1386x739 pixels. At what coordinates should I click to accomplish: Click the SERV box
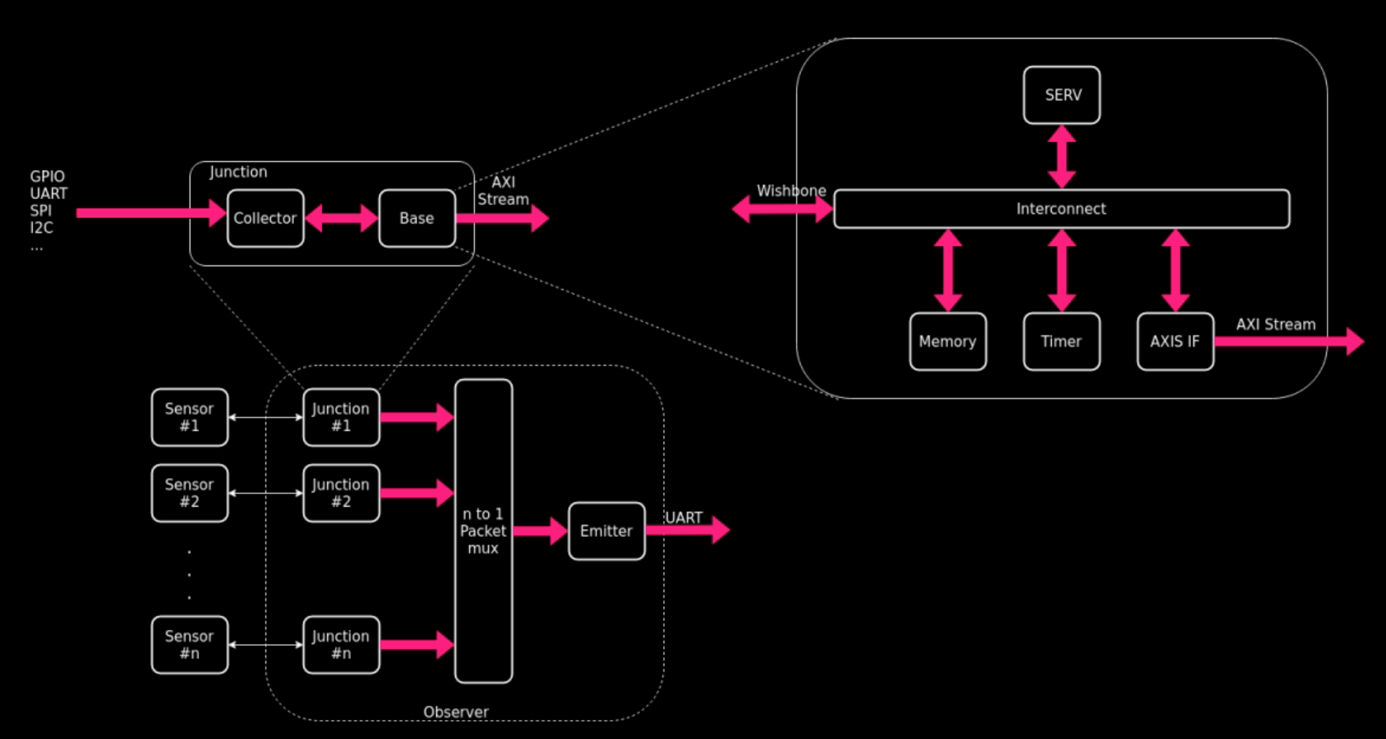1061,95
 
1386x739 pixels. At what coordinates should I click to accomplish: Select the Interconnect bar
1061,208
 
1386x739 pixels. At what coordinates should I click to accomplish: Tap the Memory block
947,341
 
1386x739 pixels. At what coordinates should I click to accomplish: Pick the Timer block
1061,341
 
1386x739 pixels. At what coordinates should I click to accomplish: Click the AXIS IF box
1174,341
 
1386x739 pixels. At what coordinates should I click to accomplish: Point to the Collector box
265,218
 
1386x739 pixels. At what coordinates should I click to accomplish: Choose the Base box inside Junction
416,218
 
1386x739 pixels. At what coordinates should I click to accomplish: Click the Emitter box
606,531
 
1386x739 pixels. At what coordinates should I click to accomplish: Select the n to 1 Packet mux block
483,531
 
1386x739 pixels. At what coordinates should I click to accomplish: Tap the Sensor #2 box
189,493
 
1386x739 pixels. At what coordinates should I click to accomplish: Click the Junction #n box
340,644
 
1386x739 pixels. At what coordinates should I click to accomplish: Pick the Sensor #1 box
189,417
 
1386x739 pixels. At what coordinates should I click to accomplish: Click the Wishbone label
791,190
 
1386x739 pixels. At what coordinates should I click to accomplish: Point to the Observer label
456,711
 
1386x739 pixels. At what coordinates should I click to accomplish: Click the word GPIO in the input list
47,176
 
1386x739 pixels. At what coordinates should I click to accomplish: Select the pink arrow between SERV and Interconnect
1061,156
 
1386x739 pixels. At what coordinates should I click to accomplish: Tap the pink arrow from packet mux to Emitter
539,531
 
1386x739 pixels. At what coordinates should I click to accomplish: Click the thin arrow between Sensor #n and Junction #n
265,644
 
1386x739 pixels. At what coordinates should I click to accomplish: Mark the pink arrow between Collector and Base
341,218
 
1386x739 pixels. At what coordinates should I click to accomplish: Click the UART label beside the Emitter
683,517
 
